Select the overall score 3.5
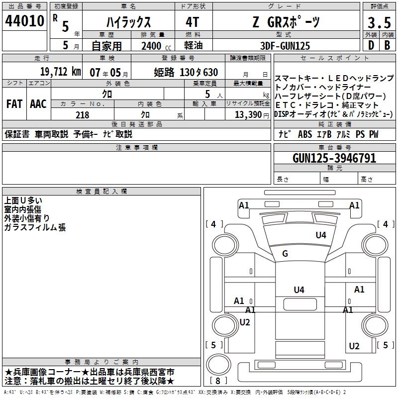click(378, 23)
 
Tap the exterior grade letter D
click(371, 45)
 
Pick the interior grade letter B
click(387, 45)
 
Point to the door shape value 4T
click(192, 22)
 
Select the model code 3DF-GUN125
click(286, 46)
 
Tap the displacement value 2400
click(151, 46)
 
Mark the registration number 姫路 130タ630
click(186, 72)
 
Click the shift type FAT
click(14, 103)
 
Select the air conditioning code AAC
click(38, 103)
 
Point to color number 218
click(82, 115)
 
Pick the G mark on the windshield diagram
click(285, 254)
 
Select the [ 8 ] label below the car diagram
click(218, 381)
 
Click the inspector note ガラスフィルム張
click(35, 228)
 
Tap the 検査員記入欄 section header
click(101, 192)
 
